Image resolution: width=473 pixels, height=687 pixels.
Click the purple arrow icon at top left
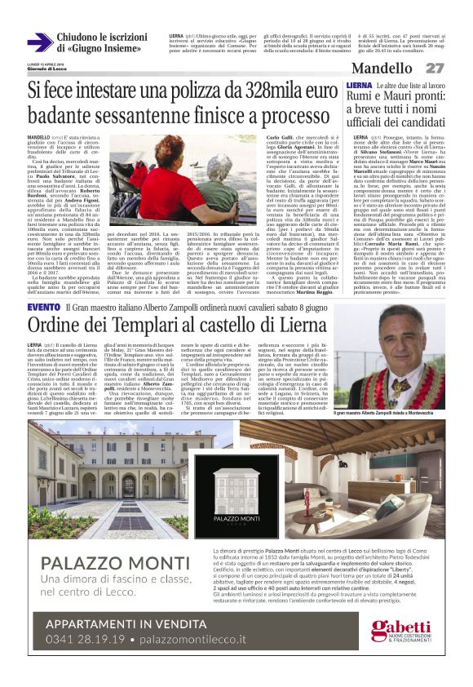[x=40, y=42]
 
